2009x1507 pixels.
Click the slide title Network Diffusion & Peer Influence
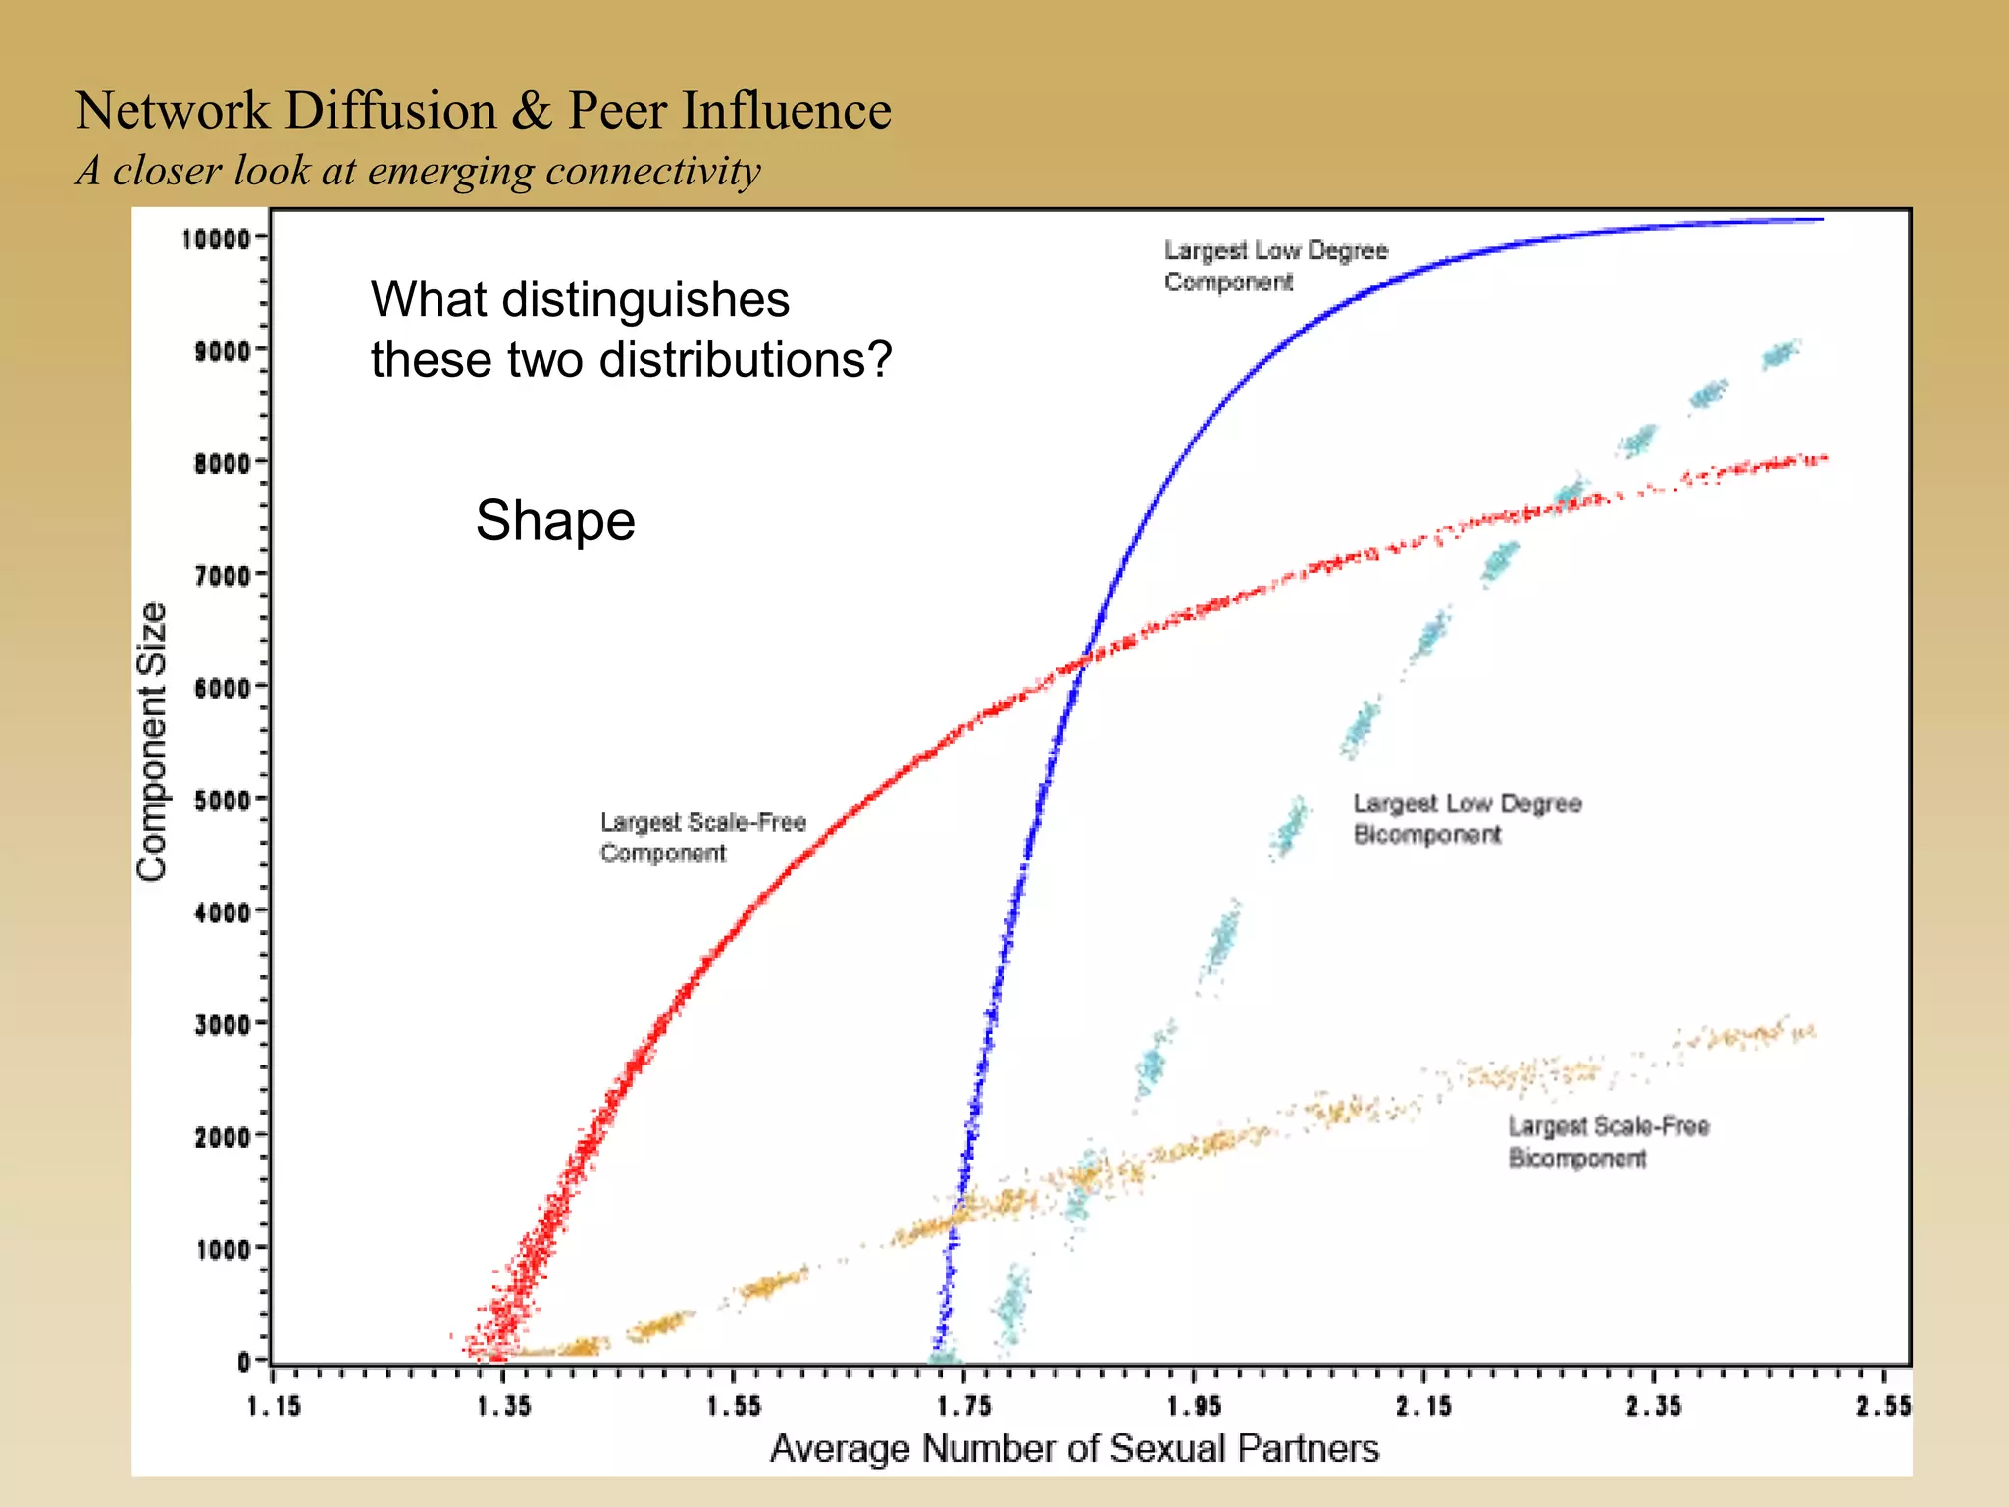[x=483, y=110]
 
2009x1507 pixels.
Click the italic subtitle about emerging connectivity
[x=418, y=171]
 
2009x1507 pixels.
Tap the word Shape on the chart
[x=555, y=520]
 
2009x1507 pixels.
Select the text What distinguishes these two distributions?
[x=631, y=329]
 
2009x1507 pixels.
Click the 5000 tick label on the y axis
[x=223, y=800]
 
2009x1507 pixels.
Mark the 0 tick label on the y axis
[x=244, y=1361]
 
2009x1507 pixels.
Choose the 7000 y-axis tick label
[x=223, y=575]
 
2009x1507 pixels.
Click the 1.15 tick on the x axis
[x=274, y=1406]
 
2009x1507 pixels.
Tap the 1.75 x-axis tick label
[x=964, y=1406]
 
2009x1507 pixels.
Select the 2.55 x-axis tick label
[x=1883, y=1406]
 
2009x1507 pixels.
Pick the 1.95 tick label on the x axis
[x=1194, y=1406]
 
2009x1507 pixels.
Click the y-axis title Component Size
[x=152, y=742]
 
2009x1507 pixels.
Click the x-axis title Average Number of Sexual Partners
[x=1074, y=1448]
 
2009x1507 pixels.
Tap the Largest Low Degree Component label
[x=1275, y=266]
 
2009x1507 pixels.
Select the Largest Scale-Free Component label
[x=702, y=837]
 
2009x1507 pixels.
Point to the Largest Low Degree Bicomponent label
[x=1467, y=818]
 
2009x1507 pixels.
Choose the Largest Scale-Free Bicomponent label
[x=1608, y=1142]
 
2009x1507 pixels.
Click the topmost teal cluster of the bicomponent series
[x=1780, y=353]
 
